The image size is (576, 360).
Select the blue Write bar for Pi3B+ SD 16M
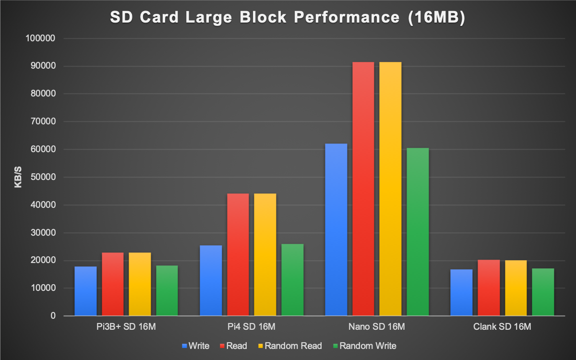85,291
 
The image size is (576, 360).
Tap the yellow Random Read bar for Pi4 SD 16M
265,254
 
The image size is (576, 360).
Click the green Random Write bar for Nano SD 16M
418,232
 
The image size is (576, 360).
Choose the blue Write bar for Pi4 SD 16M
211,280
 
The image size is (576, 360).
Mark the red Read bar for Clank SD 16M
488,288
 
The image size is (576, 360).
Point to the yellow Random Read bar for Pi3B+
140,284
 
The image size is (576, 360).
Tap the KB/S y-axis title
18,177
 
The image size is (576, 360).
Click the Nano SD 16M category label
377,327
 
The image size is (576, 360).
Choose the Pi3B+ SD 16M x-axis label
126,327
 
